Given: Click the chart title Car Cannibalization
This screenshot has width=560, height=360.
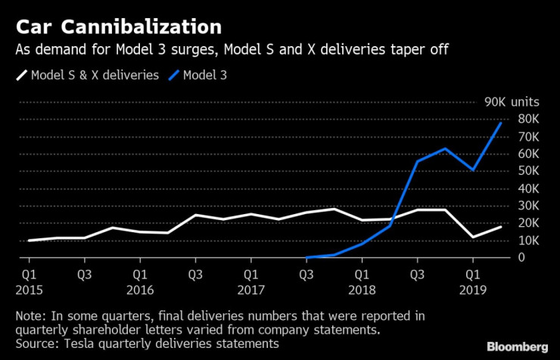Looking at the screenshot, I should (x=119, y=28).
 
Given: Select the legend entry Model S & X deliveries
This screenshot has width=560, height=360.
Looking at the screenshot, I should (x=89, y=76).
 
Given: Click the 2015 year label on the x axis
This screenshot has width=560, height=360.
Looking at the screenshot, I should (x=29, y=288).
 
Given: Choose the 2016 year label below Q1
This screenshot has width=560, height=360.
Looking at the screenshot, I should (x=139, y=288).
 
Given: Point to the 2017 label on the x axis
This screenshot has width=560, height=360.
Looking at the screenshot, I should (x=250, y=288).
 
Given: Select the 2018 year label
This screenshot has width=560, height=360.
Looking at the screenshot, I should (x=362, y=288).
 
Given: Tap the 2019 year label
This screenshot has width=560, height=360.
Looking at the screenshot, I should (x=473, y=288).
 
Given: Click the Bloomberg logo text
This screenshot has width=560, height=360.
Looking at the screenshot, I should (x=517, y=346).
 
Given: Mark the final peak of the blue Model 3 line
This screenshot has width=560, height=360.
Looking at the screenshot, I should (x=501, y=123).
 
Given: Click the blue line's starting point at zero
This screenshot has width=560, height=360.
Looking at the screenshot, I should (x=306, y=258).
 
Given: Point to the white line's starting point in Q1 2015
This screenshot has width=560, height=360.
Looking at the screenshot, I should (x=29, y=241).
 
